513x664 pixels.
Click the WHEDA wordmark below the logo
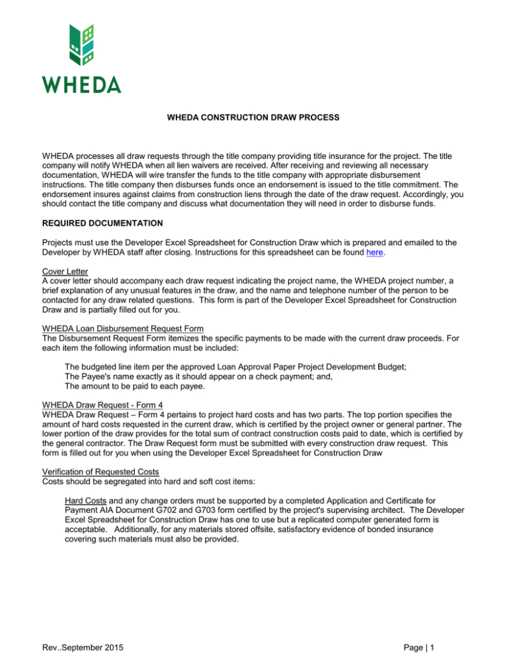click(x=82, y=85)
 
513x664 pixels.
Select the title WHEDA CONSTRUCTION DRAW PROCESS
click(x=256, y=118)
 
